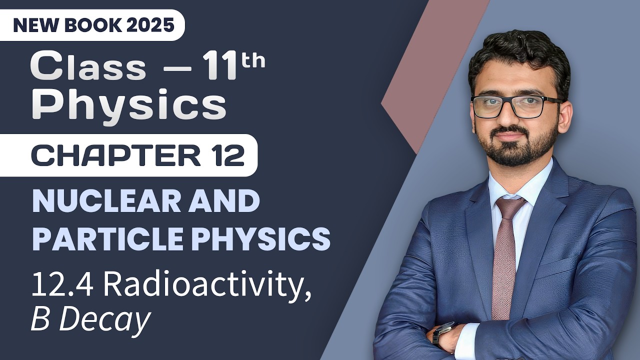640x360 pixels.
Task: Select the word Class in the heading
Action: point(88,66)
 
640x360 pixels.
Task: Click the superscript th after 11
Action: point(253,61)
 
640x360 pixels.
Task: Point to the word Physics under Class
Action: point(128,106)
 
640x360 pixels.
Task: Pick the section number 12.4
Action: point(61,284)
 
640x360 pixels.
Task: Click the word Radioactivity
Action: point(207,284)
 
